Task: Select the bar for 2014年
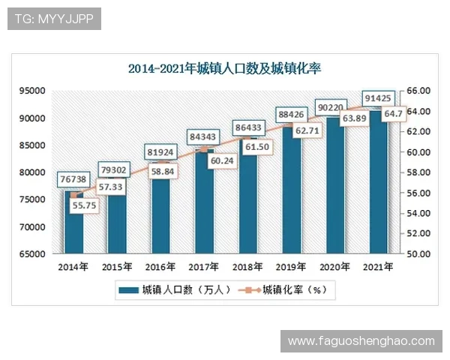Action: pyautogui.click(x=73, y=225)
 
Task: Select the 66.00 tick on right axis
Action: pyautogui.click(x=418, y=91)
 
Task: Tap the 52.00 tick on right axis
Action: pyautogui.click(x=418, y=234)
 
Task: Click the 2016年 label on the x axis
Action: pyautogui.click(x=160, y=266)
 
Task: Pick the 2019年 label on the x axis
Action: pyautogui.click(x=289, y=266)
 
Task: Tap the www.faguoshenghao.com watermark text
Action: pyautogui.click(x=361, y=341)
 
